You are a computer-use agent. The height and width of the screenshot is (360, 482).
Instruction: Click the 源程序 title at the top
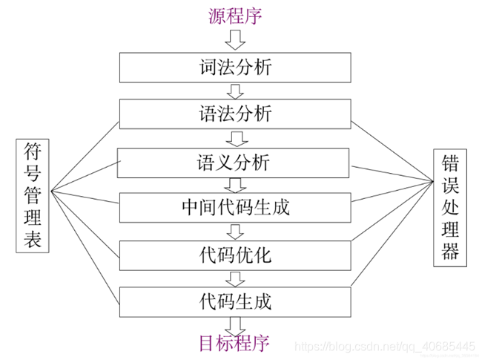click(236, 14)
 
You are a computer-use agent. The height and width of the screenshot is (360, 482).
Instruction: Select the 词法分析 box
click(236, 68)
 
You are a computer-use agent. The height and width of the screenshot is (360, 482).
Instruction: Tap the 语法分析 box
click(236, 114)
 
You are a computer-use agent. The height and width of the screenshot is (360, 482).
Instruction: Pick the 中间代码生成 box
click(236, 207)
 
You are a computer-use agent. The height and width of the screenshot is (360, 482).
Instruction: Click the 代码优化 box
click(236, 255)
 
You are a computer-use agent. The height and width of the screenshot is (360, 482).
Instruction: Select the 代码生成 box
click(236, 301)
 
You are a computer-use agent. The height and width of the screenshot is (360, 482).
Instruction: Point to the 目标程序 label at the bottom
click(234, 342)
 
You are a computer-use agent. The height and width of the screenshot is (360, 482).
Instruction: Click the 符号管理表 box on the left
click(32, 194)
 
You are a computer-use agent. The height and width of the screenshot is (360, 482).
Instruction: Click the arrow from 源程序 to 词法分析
click(236, 39)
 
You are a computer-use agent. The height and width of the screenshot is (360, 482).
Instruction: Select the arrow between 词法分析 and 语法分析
click(236, 91)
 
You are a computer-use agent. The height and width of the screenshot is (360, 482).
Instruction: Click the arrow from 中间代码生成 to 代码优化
click(236, 231)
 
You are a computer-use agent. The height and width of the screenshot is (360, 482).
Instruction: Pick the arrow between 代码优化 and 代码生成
click(236, 278)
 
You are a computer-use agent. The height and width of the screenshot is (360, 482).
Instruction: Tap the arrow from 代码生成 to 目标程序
click(236, 324)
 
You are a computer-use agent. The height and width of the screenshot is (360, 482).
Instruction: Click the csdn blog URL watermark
click(384, 346)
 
